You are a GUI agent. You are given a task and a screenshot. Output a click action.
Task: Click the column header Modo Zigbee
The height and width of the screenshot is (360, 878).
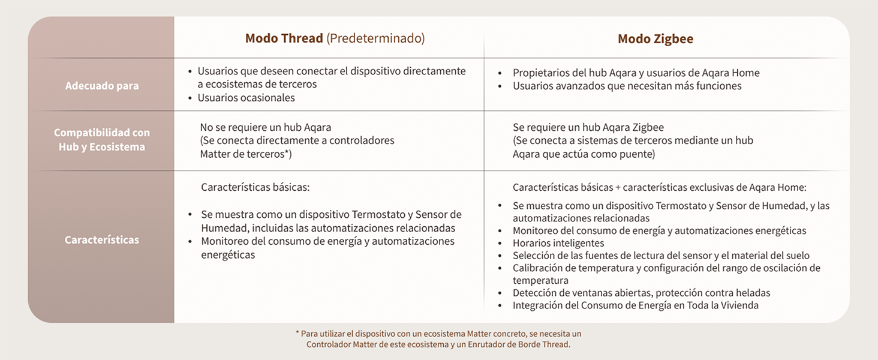pyautogui.click(x=655, y=39)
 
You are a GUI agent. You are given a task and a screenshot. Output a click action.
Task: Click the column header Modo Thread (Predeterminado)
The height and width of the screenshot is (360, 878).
pyautogui.click(x=335, y=38)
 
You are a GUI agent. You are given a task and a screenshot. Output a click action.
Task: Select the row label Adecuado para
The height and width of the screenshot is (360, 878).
pyautogui.click(x=102, y=86)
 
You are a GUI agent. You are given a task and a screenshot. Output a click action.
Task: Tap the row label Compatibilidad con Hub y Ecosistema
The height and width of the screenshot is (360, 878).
pyautogui.click(x=102, y=140)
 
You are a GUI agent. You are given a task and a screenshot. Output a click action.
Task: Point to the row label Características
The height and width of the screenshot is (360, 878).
pyautogui.click(x=102, y=240)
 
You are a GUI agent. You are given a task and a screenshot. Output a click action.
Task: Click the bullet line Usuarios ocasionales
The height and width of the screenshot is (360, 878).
pyautogui.click(x=246, y=98)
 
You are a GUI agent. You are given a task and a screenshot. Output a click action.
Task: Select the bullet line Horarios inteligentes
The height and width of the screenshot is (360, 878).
pyautogui.click(x=558, y=243)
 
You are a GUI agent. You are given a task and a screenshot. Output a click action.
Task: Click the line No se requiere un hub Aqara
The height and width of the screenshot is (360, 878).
pyautogui.click(x=265, y=127)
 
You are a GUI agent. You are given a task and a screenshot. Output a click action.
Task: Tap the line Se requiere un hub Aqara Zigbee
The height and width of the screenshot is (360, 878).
pyautogui.click(x=588, y=127)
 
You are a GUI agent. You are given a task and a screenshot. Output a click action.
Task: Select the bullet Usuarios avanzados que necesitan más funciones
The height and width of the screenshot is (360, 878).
pyautogui.click(x=627, y=86)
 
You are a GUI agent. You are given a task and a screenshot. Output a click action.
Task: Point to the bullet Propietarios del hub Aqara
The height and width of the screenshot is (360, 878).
pyautogui.click(x=636, y=73)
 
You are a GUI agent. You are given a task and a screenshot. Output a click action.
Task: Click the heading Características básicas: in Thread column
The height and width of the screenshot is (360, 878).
pyautogui.click(x=255, y=187)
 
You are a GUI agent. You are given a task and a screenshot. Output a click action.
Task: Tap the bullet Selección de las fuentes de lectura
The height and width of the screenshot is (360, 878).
pyautogui.click(x=660, y=256)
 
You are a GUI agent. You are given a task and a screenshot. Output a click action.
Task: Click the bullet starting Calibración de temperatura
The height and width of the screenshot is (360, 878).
pyautogui.click(x=666, y=268)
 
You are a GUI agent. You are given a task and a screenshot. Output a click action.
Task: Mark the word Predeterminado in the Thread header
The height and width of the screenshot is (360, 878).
pyautogui.click(x=375, y=38)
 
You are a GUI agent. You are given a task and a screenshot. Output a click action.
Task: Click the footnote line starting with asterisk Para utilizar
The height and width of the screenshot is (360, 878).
pyautogui.click(x=438, y=334)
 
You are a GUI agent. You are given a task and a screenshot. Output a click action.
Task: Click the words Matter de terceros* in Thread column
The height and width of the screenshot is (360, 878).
pyautogui.click(x=246, y=154)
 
